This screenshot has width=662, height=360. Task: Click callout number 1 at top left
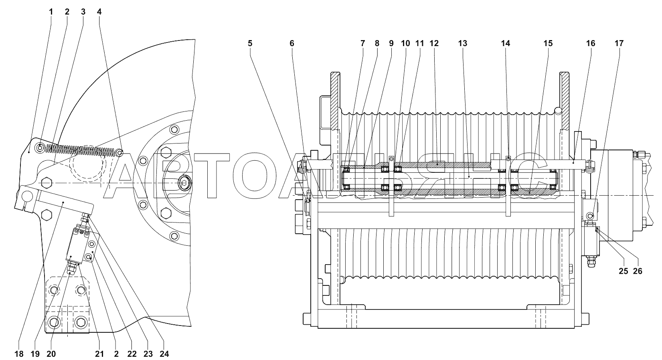(51, 12)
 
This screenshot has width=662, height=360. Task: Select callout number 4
(99, 12)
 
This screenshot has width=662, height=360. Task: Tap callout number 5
(250, 43)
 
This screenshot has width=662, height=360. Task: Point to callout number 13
(462, 43)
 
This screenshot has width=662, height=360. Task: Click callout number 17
(619, 43)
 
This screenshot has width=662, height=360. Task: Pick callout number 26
(638, 271)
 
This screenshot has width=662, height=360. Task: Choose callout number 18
(19, 354)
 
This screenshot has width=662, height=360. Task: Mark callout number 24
(164, 354)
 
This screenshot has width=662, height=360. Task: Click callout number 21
(99, 354)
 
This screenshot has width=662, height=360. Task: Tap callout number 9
(391, 43)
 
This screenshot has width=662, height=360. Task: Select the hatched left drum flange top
(336, 101)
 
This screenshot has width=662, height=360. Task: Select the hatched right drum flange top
(564, 101)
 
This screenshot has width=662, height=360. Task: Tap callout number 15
(548, 43)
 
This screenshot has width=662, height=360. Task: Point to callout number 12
(434, 43)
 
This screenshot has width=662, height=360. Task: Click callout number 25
(623, 271)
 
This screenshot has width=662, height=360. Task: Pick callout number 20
(51, 354)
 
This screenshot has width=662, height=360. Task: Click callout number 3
(83, 12)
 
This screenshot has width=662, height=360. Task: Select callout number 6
(292, 43)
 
